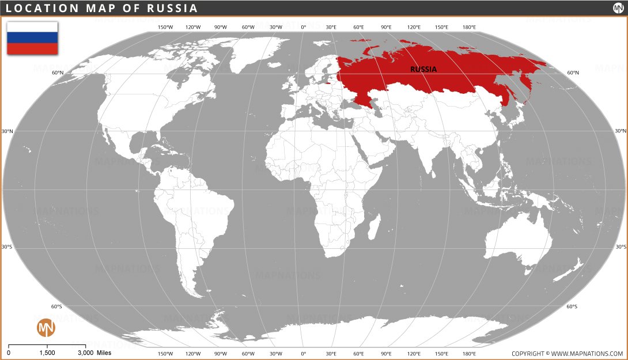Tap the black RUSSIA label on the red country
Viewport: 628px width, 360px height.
click(423, 69)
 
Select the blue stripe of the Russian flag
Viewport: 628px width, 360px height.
click(32, 37)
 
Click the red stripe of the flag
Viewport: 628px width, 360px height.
click(32, 48)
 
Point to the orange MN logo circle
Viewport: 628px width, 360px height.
click(46, 328)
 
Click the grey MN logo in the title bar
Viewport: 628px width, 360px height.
click(618, 8)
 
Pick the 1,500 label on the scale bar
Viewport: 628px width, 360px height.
click(47, 353)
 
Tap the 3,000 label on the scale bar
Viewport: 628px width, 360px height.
click(85, 353)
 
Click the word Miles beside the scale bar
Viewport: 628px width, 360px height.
click(104, 353)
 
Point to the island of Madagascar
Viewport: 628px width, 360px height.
click(374, 225)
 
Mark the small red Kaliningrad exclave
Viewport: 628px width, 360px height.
click(328, 84)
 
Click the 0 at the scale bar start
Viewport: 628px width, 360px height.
click(9, 353)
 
